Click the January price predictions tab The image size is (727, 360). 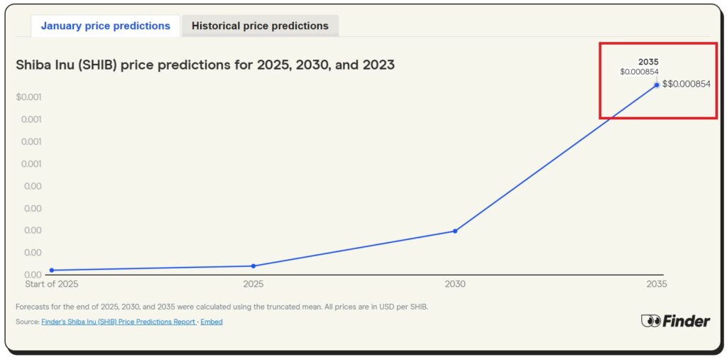pos(105,26)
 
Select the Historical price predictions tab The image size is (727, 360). pos(260,26)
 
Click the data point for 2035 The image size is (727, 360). pos(656,85)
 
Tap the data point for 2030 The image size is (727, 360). pos(455,231)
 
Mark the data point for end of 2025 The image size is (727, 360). pos(253,266)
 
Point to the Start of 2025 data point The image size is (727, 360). pos(52,270)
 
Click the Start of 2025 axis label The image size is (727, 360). pos(52,284)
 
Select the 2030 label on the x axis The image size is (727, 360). pos(455,284)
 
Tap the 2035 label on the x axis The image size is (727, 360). pos(656,284)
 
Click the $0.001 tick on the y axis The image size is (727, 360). pos(29,97)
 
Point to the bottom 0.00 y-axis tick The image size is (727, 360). pos(32,275)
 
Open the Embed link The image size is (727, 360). pos(211,322)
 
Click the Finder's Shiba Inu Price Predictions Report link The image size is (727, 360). pos(118,322)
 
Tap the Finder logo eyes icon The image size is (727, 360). pos(650,321)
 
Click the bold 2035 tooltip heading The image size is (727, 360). pos(648,62)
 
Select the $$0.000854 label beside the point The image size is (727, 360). pos(686,84)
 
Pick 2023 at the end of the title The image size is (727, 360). pos(378,65)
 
